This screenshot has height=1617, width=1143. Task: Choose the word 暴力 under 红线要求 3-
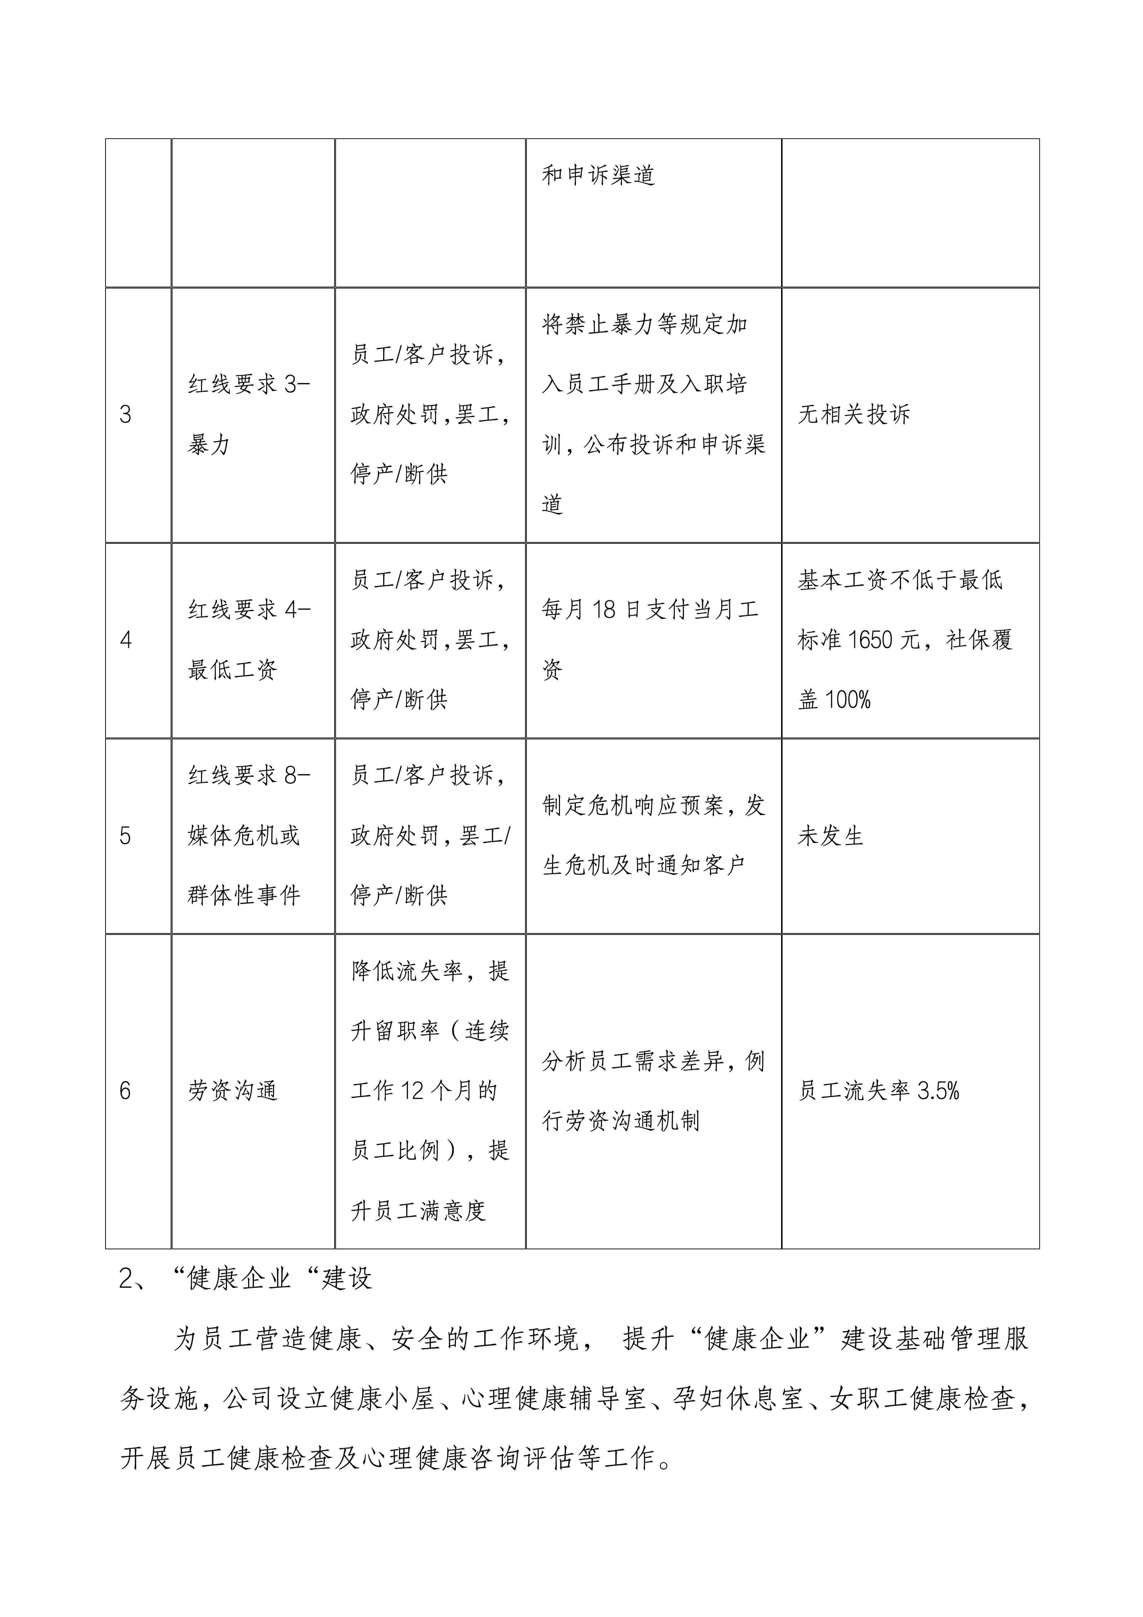click(209, 445)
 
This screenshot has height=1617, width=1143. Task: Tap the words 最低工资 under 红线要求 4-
click(232, 670)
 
